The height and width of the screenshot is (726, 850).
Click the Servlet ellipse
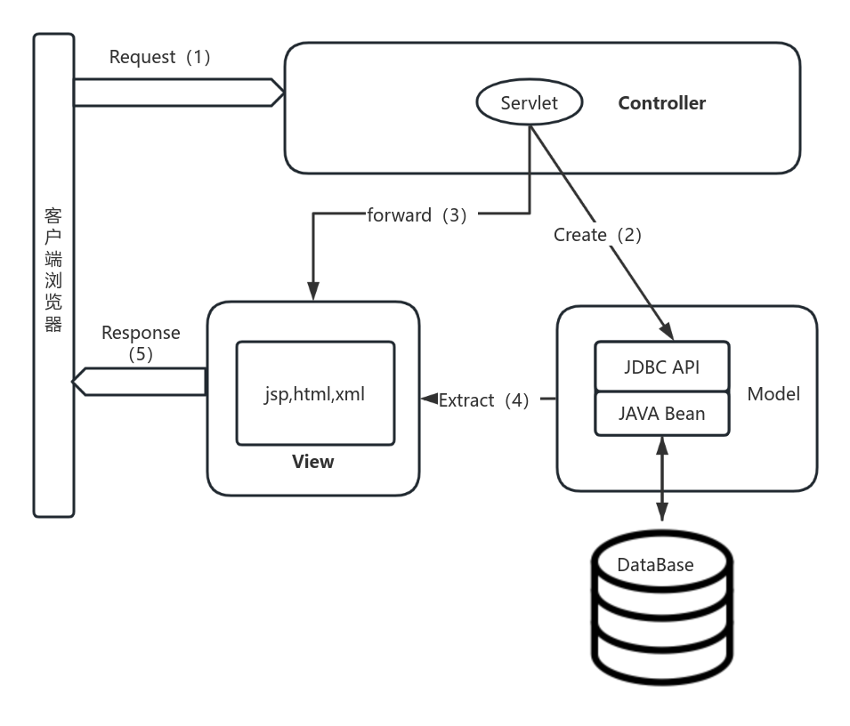(529, 103)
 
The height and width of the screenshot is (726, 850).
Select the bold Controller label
(661, 103)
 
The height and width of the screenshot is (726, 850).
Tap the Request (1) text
(160, 57)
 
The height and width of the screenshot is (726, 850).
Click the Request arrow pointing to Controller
(177, 92)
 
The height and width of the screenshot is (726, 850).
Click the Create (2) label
(597, 235)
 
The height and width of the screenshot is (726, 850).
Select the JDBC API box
(661, 367)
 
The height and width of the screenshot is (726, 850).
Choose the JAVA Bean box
(661, 414)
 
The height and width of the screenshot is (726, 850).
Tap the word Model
(773, 394)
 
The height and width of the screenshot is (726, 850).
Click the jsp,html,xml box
(315, 393)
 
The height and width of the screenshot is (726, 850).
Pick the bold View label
(313, 462)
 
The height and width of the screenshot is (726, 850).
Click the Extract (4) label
(484, 400)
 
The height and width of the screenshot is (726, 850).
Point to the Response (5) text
(141, 343)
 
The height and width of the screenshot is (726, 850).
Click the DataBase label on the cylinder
(655, 565)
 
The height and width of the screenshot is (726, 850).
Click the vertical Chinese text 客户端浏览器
(53, 270)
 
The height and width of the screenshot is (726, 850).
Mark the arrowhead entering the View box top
(312, 292)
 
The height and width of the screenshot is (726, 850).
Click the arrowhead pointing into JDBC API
(665, 331)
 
